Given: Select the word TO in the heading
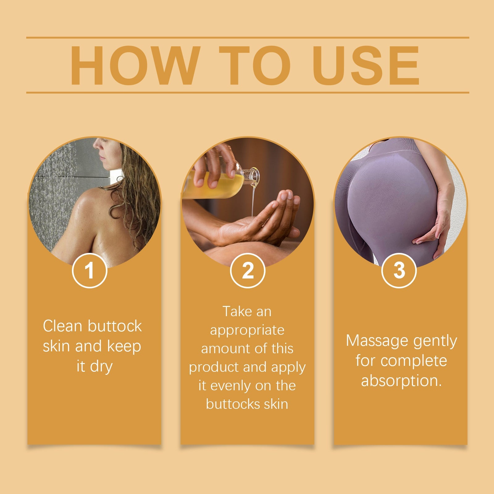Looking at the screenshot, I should (x=255, y=65).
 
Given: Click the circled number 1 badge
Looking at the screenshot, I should (x=90, y=270).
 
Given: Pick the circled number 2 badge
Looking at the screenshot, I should (x=248, y=270).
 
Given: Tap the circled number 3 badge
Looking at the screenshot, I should (x=399, y=270).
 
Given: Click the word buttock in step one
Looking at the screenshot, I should (x=115, y=326).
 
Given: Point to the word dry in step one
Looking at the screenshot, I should (x=101, y=367).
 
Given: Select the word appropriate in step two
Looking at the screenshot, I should (x=247, y=330).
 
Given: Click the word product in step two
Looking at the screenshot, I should (x=214, y=367).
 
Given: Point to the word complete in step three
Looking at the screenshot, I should (x=414, y=361).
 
